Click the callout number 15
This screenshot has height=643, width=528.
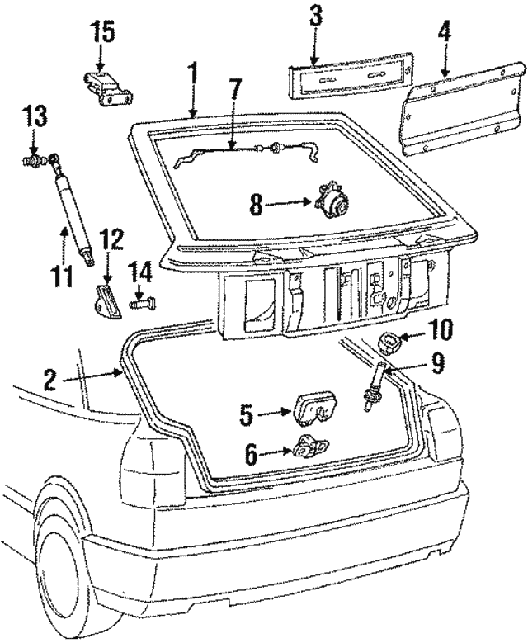(x=104, y=34)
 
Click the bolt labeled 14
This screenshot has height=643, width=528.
(x=141, y=305)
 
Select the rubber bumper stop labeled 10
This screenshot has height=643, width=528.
(x=389, y=340)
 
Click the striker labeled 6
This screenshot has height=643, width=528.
(x=309, y=447)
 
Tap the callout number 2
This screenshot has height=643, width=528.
(x=50, y=381)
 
